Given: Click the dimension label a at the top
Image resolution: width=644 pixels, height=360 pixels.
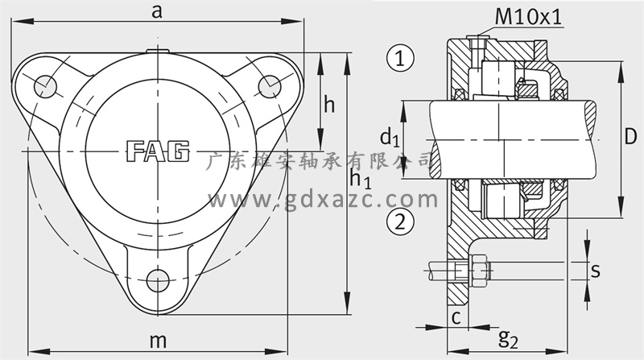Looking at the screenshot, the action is pyautogui.click(x=156, y=12).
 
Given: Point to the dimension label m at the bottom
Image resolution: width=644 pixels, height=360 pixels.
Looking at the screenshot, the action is pyautogui.click(x=158, y=341).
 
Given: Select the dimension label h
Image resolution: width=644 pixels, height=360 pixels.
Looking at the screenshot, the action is pyautogui.click(x=329, y=105).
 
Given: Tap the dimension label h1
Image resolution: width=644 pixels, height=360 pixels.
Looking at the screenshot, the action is pyautogui.click(x=360, y=179).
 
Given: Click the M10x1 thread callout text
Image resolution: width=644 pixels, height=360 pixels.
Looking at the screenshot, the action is pyautogui.click(x=528, y=17).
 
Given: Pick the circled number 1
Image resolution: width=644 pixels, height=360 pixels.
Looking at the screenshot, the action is pyautogui.click(x=400, y=57).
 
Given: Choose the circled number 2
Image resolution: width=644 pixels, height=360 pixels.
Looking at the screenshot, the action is pyautogui.click(x=400, y=221).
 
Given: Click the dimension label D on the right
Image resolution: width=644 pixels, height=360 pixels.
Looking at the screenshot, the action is pyautogui.click(x=630, y=136).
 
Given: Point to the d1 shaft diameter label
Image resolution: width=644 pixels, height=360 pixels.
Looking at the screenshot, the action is pyautogui.click(x=390, y=137).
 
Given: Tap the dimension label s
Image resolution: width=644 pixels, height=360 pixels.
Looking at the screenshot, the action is pyautogui.click(x=595, y=271).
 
